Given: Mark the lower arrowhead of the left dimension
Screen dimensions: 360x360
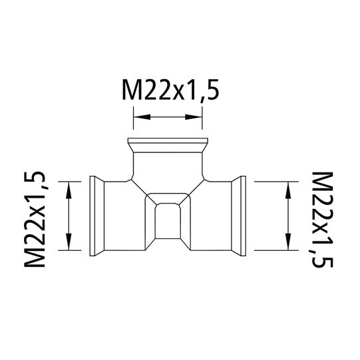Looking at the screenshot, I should tap(69, 244).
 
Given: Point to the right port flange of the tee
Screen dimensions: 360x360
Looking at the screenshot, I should tap(242, 215).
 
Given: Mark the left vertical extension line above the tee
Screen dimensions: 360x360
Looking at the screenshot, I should tap(134, 123).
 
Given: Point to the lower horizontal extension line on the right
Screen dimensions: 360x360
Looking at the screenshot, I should tap(273, 250).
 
